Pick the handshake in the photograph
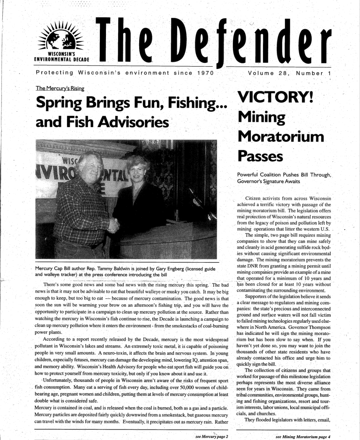pos(114,224)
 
